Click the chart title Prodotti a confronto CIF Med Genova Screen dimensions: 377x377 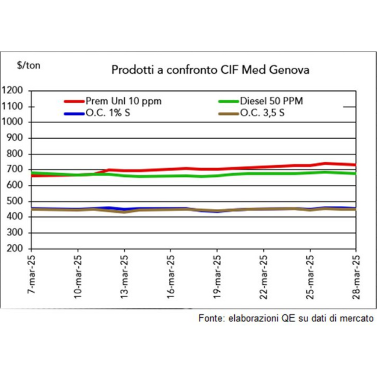[x=210, y=70]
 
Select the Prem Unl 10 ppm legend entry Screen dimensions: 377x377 [x=123, y=101]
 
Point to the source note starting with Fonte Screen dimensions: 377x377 [x=285, y=318]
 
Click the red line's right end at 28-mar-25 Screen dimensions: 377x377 [x=355, y=165]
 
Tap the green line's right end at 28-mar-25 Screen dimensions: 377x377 [x=355, y=173]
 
